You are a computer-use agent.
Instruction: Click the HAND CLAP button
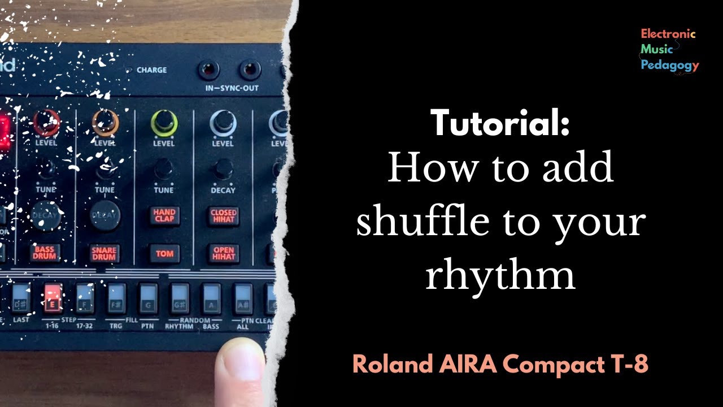pos(164,215)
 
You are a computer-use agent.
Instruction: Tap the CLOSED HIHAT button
pos(223,215)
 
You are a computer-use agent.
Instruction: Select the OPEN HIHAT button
pos(223,253)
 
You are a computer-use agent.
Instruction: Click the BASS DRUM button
pos(45,253)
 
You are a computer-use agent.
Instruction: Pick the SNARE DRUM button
pos(104,253)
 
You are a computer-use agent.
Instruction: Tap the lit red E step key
pos(53,298)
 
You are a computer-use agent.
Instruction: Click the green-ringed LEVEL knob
pos(164,122)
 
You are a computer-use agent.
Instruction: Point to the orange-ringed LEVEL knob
pos(105,122)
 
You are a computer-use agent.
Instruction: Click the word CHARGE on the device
pos(151,70)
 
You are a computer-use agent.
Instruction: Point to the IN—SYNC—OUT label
pos(232,89)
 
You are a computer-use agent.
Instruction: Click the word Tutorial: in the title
pos(500,123)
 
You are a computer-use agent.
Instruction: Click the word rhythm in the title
pos(500,275)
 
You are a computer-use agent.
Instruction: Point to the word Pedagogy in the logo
pos(669,66)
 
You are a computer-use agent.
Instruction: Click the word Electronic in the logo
pos(668,34)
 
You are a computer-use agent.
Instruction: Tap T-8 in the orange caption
pos(632,365)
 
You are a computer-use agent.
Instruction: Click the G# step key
pos(180,298)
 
